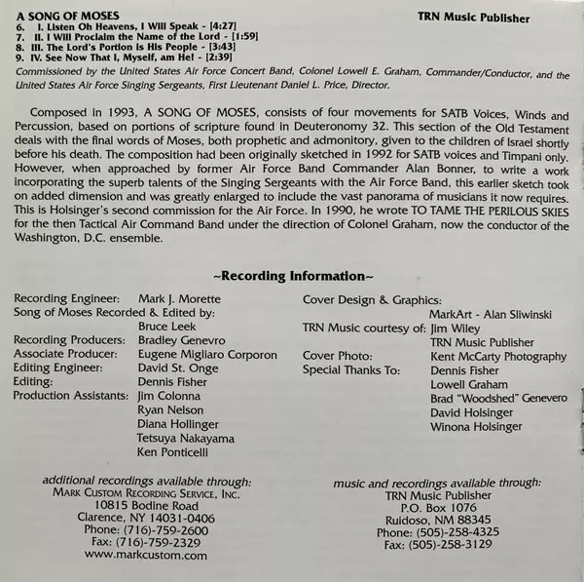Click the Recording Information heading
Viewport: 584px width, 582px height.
click(x=292, y=276)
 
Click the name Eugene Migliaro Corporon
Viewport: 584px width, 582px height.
click(x=206, y=354)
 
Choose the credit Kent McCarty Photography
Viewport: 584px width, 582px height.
click(x=497, y=356)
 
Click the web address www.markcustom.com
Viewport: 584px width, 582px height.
click(x=146, y=555)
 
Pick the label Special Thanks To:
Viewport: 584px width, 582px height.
click(x=351, y=369)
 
